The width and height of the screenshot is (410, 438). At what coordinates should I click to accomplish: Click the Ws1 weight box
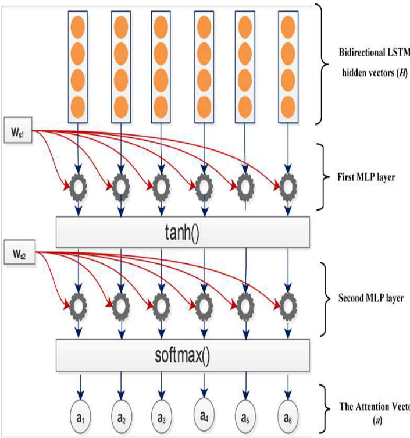[19, 126]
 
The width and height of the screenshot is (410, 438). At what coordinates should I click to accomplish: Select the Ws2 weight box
[19, 254]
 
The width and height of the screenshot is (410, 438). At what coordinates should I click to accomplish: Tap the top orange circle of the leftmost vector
[79, 26]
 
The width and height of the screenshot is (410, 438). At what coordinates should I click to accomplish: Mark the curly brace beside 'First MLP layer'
[323, 176]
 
